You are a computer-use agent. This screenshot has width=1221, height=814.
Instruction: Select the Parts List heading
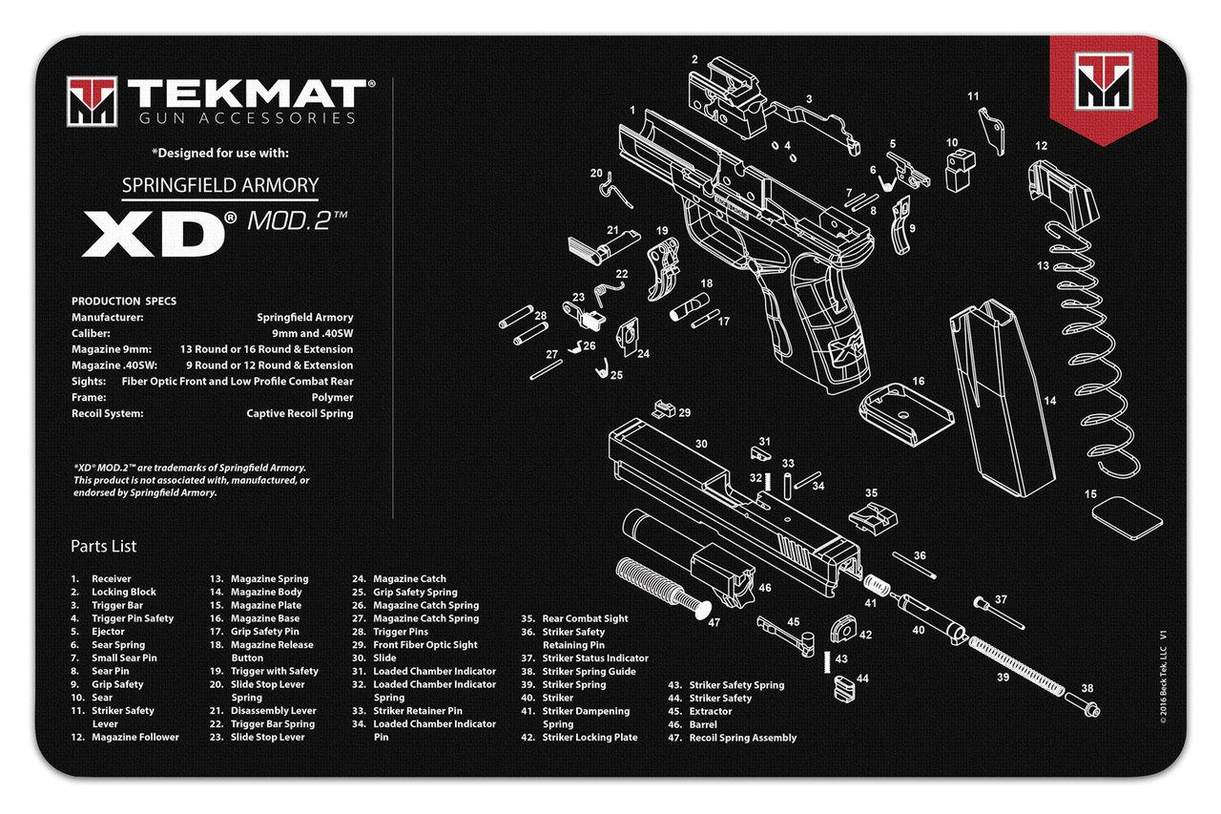103,547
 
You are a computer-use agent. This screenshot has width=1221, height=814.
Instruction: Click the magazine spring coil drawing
1088,344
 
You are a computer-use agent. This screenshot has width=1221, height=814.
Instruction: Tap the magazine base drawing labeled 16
905,413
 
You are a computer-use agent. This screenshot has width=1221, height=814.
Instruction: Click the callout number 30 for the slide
701,444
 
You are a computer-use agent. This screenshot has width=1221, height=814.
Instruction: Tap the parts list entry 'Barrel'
703,724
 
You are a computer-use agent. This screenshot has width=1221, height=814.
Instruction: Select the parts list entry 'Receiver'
112,579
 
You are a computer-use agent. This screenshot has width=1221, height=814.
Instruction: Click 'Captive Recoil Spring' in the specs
300,413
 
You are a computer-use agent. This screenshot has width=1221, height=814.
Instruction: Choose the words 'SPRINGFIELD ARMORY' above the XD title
219,184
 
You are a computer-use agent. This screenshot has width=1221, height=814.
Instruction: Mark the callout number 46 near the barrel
764,589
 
